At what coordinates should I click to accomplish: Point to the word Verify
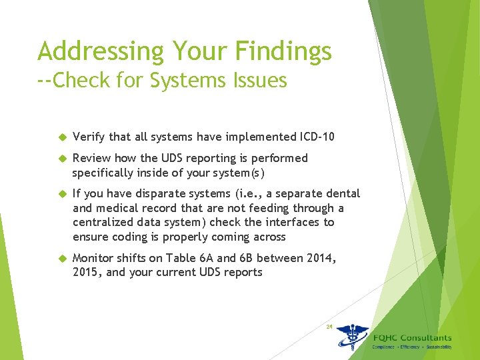click(x=89, y=137)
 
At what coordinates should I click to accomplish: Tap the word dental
click(x=343, y=193)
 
